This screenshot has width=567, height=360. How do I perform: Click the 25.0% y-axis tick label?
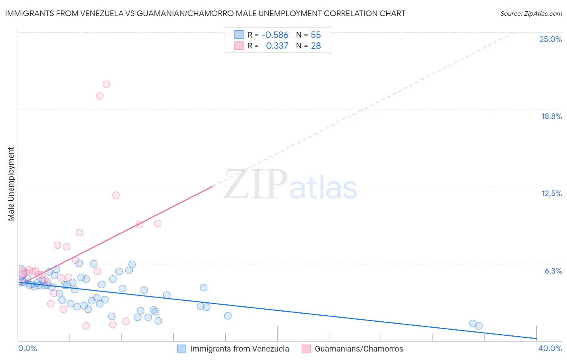[x=550, y=39]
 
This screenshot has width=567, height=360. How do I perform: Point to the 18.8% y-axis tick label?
[x=551, y=116]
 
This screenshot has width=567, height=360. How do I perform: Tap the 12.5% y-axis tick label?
[x=551, y=193]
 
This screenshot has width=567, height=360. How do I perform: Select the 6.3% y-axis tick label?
[x=553, y=271]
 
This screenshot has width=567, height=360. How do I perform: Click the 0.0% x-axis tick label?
[x=27, y=348]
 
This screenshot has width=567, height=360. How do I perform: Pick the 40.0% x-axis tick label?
[x=550, y=348]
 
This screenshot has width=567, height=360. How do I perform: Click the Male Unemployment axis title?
[x=11, y=184]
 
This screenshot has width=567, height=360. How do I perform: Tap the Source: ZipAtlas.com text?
[x=531, y=13]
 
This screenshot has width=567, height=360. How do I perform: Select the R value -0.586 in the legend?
[x=275, y=35]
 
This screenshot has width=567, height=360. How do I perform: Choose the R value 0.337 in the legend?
[x=277, y=46]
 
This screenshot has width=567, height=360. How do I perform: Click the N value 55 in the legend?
[x=316, y=35]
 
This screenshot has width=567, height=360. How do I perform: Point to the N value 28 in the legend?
[x=316, y=46]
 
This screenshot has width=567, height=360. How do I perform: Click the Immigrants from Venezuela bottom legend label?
[x=239, y=349]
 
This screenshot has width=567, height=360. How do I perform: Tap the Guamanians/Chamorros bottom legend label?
[x=359, y=349]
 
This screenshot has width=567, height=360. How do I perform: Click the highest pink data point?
[x=106, y=84]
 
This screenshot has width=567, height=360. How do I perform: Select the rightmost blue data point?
[x=479, y=326]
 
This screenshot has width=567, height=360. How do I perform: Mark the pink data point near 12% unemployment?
[x=116, y=195]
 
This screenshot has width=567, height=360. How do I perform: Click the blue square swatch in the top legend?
[x=239, y=35]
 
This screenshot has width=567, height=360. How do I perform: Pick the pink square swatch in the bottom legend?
[x=306, y=349]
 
